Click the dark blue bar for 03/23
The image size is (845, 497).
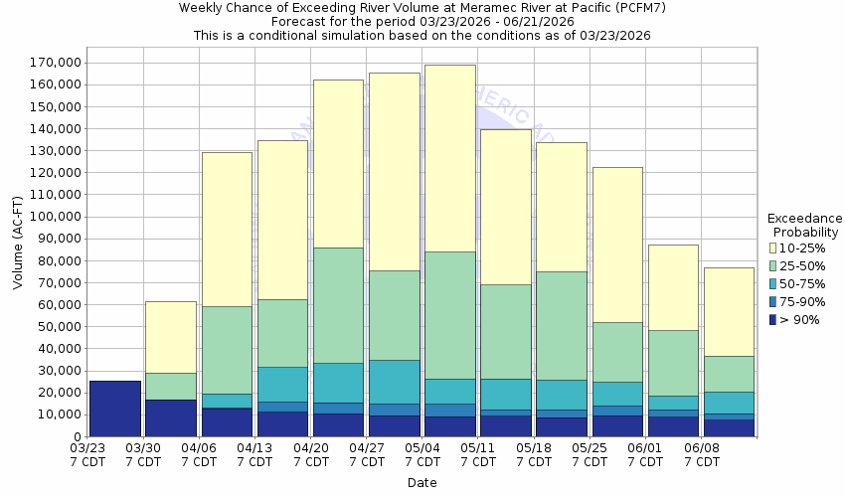(x=114, y=408)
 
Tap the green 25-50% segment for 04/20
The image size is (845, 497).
(x=338, y=305)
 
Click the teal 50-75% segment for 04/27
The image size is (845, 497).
(x=394, y=382)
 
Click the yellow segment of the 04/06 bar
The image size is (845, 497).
(x=227, y=229)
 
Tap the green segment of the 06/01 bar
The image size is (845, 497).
(x=672, y=363)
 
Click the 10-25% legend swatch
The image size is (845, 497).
(x=773, y=248)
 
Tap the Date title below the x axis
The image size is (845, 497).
(x=421, y=482)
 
